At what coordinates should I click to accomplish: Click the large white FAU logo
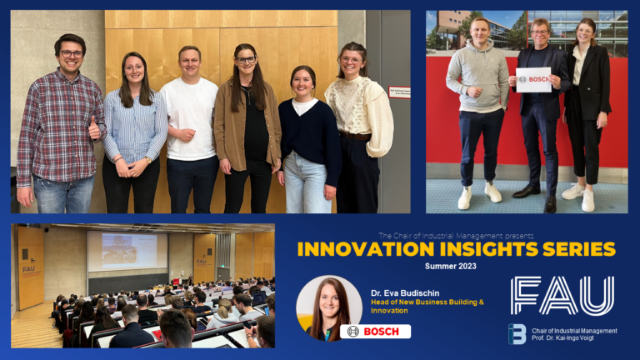(562, 296)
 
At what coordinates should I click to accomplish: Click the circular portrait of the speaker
(328, 307)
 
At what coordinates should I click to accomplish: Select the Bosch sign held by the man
(533, 79)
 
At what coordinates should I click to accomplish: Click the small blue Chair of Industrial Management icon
(517, 334)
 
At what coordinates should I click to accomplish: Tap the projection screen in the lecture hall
(127, 251)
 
